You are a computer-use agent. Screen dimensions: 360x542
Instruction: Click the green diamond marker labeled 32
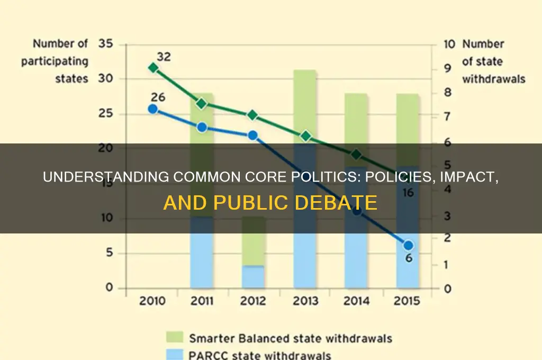tap(153, 67)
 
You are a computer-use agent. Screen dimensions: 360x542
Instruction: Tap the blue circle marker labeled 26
tap(152, 109)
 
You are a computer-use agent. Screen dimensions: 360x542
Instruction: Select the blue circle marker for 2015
tap(408, 245)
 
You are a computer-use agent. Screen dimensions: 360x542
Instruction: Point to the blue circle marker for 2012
tap(252, 136)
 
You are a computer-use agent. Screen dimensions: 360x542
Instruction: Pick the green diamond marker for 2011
tap(202, 103)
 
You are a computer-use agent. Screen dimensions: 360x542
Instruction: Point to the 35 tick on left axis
tap(105, 44)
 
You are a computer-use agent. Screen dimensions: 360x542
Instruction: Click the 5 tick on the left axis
tap(109, 253)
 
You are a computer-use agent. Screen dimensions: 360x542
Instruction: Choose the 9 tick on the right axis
tap(447, 68)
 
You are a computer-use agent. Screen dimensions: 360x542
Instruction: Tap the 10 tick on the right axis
tap(449, 44)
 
